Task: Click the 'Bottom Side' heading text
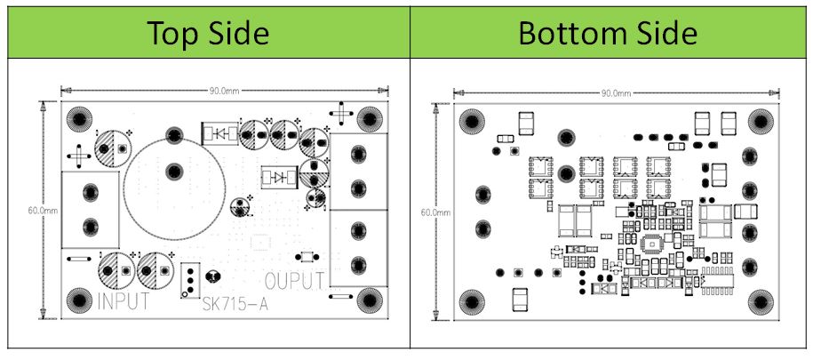click(x=608, y=33)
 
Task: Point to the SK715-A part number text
click(x=236, y=304)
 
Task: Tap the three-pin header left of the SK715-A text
click(x=189, y=279)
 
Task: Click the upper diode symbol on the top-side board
click(x=218, y=133)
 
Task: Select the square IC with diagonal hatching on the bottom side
click(x=651, y=244)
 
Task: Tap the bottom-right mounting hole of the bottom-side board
click(x=760, y=300)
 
